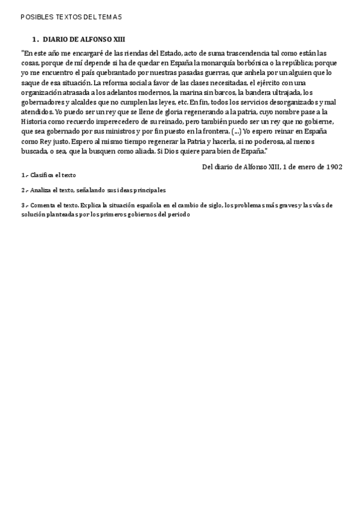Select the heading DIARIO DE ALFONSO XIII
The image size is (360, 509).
click(x=84, y=39)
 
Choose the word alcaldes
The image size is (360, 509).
click(x=88, y=101)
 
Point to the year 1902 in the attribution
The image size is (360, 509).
click(x=334, y=166)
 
